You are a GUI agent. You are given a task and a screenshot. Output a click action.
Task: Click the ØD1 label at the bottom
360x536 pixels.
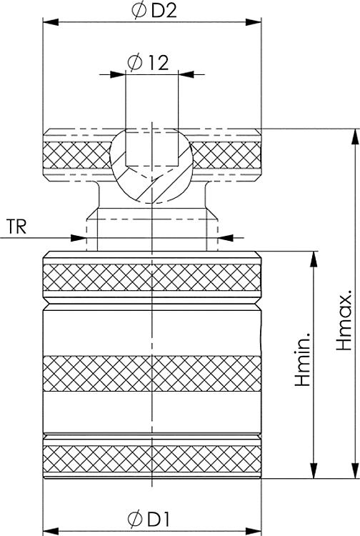coord(151,517)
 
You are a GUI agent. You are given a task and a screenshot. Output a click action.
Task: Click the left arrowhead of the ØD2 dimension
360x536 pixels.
coord(50,22)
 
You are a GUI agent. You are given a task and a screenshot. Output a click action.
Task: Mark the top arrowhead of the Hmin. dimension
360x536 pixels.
coord(313,258)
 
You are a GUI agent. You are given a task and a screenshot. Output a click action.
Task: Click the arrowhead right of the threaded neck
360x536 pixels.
coord(224,236)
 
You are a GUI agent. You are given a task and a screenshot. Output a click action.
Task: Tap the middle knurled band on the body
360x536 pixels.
coord(151,374)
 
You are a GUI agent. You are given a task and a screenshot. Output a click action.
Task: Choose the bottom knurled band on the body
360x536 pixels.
coord(151,462)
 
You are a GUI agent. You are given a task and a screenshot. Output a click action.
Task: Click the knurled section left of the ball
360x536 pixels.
coord(76,153)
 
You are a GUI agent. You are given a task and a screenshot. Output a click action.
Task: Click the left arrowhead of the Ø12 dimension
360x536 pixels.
coord(119,73)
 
